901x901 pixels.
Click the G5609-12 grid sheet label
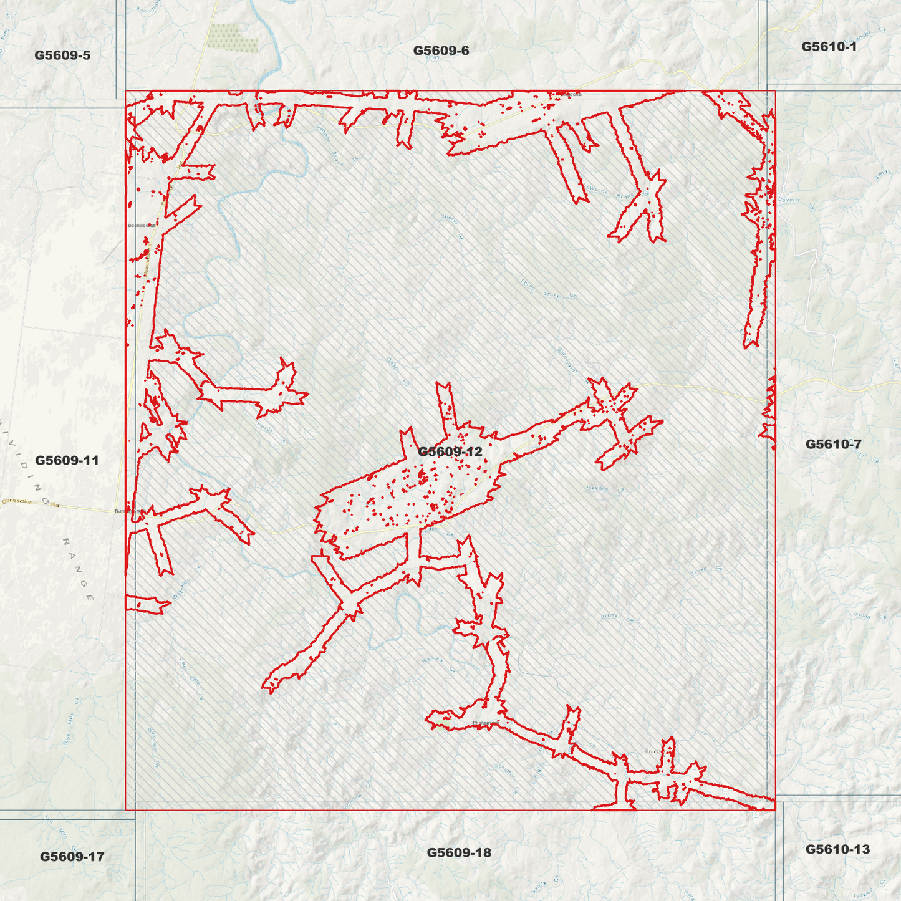pos(450,451)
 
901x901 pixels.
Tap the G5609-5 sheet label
pos(62,55)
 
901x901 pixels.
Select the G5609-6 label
pos(441,51)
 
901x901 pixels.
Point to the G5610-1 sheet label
pos(829,47)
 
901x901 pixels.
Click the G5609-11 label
pos(67,460)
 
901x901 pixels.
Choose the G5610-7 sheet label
pos(833,444)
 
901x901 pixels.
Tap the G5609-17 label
pos(72,857)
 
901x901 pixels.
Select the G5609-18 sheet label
pos(459,852)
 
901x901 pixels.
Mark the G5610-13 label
pos(837,849)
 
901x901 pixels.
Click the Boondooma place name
pos(141,225)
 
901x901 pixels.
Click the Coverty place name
pos(789,200)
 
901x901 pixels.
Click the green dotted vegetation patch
pos(231,38)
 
